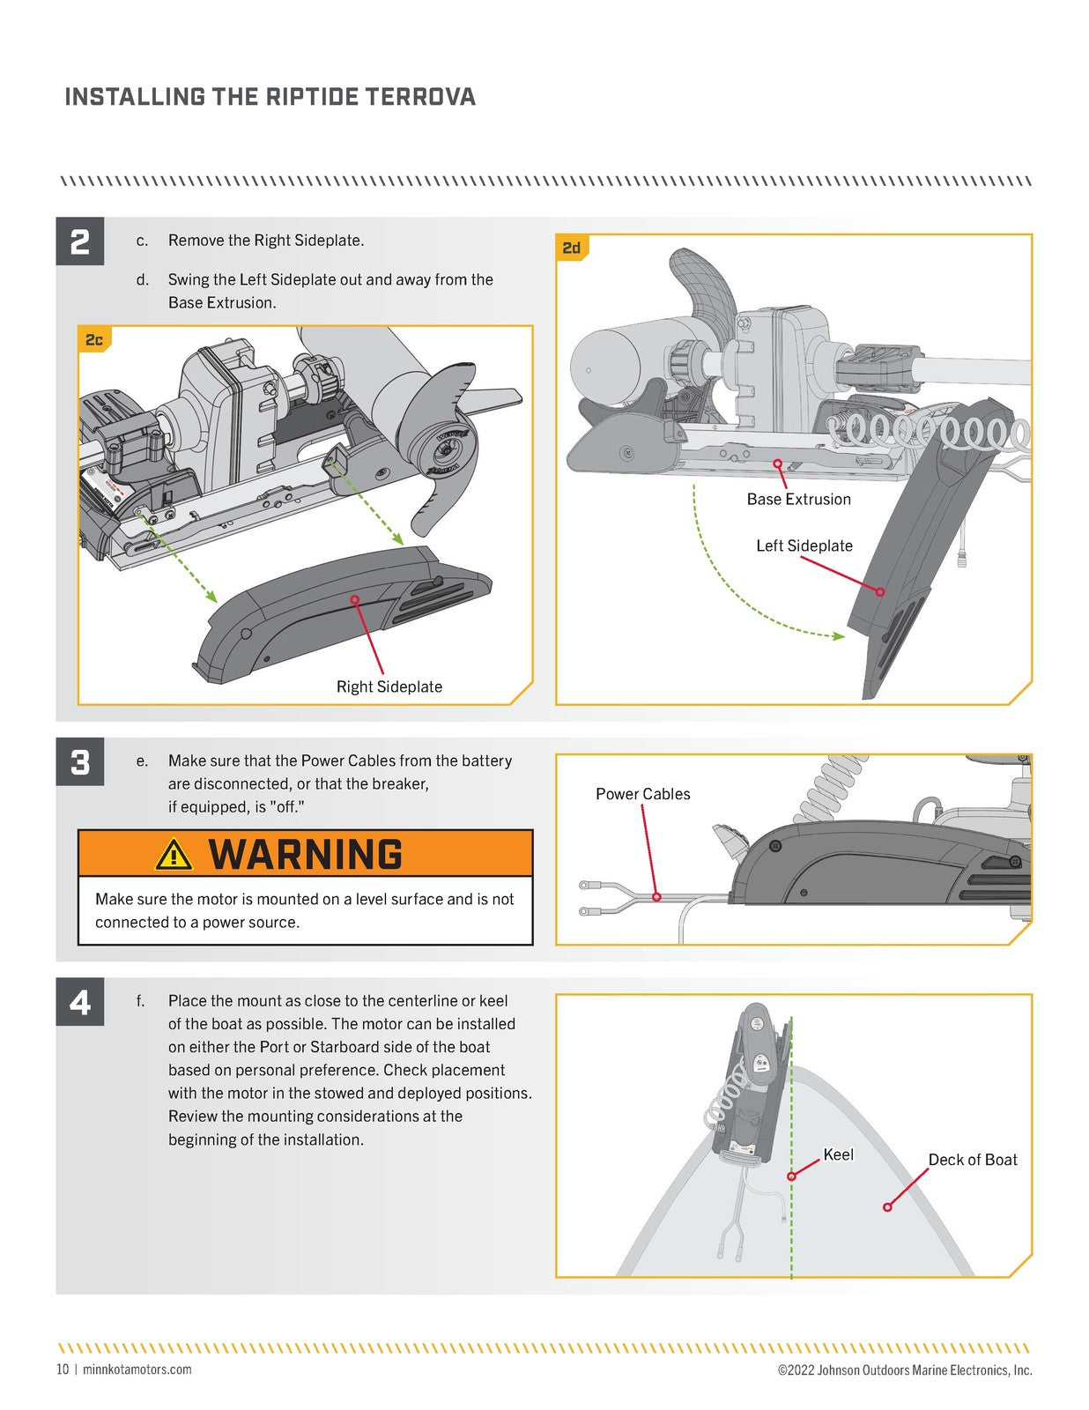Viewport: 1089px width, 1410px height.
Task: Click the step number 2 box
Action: click(x=79, y=241)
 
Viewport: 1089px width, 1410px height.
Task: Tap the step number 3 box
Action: click(x=79, y=761)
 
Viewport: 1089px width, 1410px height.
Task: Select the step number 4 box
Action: click(x=79, y=1002)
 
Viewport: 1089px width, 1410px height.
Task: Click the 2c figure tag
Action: click(x=94, y=340)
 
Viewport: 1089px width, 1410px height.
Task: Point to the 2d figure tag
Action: click(x=572, y=249)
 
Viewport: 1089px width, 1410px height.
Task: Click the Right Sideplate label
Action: click(x=389, y=686)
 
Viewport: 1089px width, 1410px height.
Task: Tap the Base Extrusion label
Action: click(x=798, y=499)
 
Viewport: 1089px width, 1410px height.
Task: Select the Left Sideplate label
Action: click(x=804, y=545)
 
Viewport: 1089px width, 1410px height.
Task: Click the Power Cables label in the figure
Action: click(x=642, y=794)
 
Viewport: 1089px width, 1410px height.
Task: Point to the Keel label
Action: click(x=838, y=1154)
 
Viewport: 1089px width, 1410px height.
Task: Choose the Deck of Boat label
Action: click(x=972, y=1160)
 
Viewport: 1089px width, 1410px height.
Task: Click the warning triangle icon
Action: click(x=174, y=854)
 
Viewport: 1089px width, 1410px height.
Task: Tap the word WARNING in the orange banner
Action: click(x=306, y=855)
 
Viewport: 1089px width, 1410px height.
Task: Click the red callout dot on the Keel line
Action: click(x=791, y=1176)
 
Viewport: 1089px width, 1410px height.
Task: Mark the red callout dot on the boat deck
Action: click(x=887, y=1206)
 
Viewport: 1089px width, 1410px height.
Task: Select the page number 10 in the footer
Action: click(x=62, y=1369)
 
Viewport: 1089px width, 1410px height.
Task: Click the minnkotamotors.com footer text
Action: click(x=137, y=1369)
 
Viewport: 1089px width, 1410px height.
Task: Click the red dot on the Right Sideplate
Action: click(x=354, y=599)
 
